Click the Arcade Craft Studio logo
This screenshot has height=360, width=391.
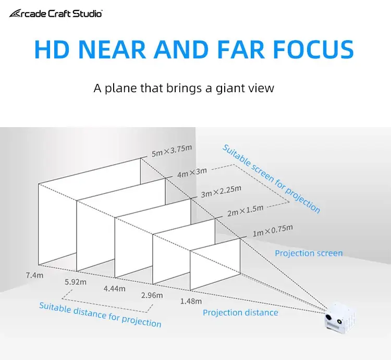56,14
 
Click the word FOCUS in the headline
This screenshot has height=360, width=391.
313,49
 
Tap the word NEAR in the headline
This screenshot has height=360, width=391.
112,49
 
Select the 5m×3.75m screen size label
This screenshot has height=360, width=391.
172,151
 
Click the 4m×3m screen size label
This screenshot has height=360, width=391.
192,172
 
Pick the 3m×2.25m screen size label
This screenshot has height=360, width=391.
221,191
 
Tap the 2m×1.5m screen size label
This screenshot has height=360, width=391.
246,211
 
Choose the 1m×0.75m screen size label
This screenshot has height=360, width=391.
273,230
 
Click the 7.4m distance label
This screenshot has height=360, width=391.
34,275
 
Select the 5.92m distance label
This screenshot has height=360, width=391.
76,282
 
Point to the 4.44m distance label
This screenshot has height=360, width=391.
115,289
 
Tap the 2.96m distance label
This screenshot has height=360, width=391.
152,295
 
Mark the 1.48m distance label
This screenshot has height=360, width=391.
191,301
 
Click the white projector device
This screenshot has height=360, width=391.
339,316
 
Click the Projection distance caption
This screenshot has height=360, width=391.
240,313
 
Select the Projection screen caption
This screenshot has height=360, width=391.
309,253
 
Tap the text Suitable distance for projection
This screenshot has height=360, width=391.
100,314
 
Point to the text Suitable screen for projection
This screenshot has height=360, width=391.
271,178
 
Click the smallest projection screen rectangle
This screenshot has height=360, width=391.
215,264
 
